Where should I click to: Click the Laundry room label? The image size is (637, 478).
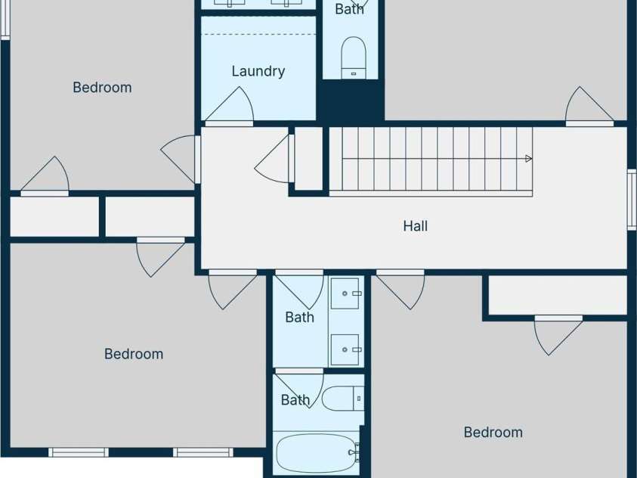[x=258, y=71]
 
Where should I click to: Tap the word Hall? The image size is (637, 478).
[x=415, y=226]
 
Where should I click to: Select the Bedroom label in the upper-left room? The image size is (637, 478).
[x=102, y=88]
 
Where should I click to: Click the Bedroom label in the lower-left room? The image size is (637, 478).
[x=134, y=354]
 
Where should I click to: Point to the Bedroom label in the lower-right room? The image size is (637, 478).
[x=493, y=432]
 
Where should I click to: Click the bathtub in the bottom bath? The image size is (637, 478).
[x=317, y=453]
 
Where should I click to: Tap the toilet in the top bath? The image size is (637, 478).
[x=354, y=57]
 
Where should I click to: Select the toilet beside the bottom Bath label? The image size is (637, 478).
[x=343, y=399]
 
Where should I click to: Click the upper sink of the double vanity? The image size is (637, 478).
[x=345, y=293]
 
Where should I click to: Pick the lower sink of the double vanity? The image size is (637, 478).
[x=345, y=349]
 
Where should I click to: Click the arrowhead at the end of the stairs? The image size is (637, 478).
[x=528, y=159]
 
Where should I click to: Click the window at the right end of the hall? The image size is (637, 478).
[x=632, y=199]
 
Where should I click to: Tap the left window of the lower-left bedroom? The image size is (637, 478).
[x=79, y=452]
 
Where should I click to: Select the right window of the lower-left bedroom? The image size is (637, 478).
[x=203, y=452]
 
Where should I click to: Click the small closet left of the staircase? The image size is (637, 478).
[x=308, y=158]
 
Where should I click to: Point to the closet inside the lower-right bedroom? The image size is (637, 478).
[x=558, y=295]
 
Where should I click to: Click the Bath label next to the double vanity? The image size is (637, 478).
[x=300, y=317]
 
